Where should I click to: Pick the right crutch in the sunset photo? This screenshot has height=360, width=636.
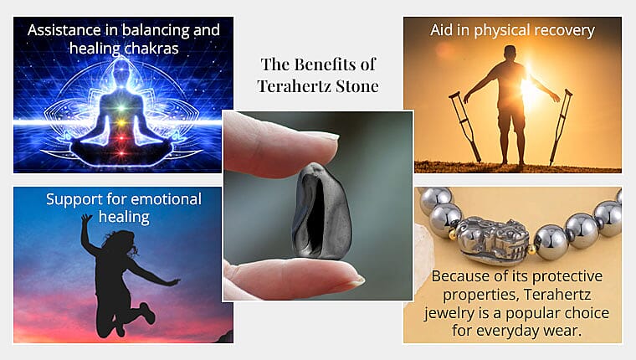(x=560, y=126)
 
